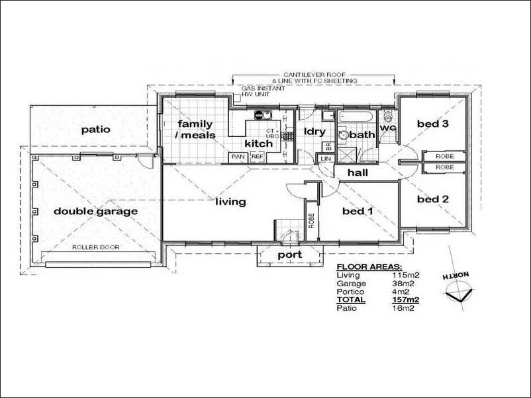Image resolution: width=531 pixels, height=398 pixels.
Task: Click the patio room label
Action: pos(96,130)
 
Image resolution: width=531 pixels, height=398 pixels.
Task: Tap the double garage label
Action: pos(95,212)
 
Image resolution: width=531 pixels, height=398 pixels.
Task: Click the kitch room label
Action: pos(258,143)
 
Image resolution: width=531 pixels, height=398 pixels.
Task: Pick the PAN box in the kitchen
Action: pos(237,157)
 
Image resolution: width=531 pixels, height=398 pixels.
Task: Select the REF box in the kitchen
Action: pos(256,157)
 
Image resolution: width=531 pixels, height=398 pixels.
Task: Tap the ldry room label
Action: pos(313,131)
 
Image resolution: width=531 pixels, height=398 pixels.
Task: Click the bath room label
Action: pos(362,135)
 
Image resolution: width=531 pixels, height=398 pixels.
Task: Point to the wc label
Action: pos(388,127)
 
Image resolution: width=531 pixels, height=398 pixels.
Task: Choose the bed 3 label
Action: pos(433,124)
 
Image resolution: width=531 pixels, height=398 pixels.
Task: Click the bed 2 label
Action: pos(433,199)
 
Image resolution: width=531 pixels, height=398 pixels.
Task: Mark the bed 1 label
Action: pos(358,212)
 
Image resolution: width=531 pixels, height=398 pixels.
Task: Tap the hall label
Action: pos(358,173)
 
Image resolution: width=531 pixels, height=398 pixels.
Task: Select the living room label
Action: pos(230,202)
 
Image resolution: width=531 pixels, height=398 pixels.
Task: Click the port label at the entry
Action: pos(289,255)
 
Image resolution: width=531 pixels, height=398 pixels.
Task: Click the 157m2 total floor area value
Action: pos(405,299)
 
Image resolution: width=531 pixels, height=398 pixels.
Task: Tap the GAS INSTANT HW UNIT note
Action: pos(263,91)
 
